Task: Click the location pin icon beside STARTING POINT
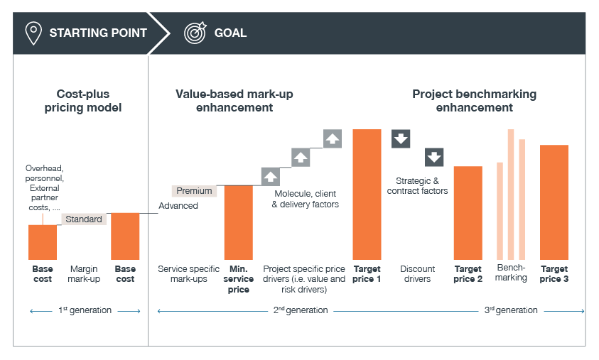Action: pyautogui.click(x=33, y=33)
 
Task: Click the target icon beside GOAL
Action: pyautogui.click(x=195, y=33)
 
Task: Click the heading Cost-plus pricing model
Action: pyautogui.click(x=89, y=101)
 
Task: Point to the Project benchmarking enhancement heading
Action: pyautogui.click(x=474, y=101)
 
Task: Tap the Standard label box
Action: pyautogui.click(x=84, y=219)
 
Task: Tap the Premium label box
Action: pyautogui.click(x=194, y=191)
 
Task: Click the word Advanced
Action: pyautogui.click(x=178, y=206)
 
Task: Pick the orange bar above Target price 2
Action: pyautogui.click(x=468, y=212)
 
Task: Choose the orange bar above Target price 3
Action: pyautogui.click(x=554, y=202)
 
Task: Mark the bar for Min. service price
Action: pyautogui.click(x=239, y=222)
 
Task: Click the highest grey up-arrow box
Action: pyautogui.click(x=332, y=138)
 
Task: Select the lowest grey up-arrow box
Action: pyautogui.click(x=271, y=176)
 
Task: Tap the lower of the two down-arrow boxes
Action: pyautogui.click(x=434, y=157)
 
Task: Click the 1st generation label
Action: pyautogui.click(x=85, y=310)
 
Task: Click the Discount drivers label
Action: pyautogui.click(x=417, y=274)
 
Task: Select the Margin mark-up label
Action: pyautogui.click(x=85, y=274)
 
